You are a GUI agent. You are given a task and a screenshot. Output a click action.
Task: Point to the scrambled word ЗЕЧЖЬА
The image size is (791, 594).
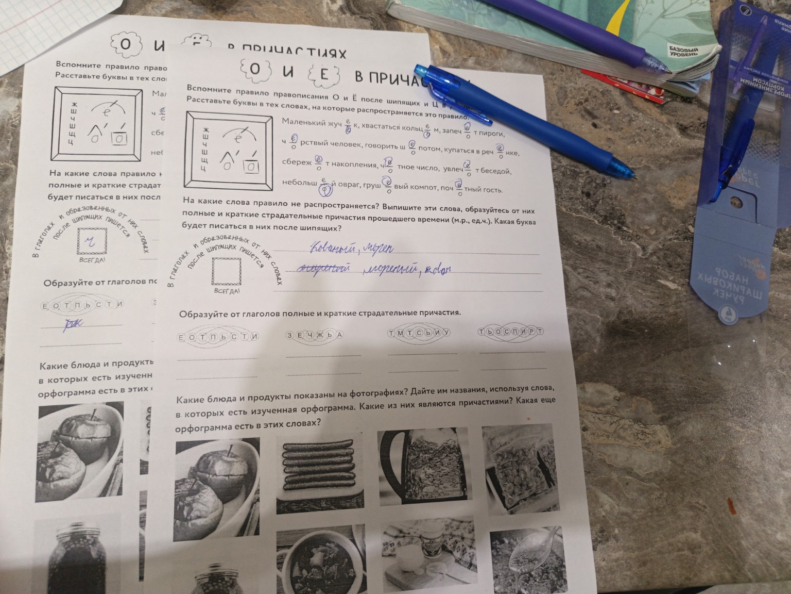[x=315, y=335]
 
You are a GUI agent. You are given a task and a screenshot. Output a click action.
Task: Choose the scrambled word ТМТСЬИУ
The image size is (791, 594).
[x=419, y=333]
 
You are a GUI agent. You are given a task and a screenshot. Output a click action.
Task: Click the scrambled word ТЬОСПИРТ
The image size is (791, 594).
[x=510, y=332]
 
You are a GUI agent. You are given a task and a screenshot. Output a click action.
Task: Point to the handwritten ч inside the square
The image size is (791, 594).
[x=92, y=239]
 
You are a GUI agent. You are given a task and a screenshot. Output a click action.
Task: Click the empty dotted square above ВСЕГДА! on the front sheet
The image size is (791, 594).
[x=226, y=272]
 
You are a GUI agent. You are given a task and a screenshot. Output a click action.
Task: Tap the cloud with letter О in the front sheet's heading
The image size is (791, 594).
[x=254, y=72]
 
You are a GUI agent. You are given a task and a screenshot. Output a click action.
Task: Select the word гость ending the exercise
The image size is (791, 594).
[x=492, y=190]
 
